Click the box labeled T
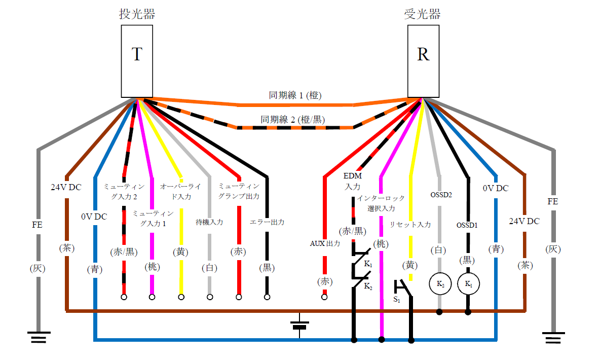(x=137, y=61)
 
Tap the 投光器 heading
(x=137, y=14)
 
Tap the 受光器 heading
(x=423, y=14)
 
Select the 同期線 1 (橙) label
(x=295, y=95)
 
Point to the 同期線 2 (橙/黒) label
(x=293, y=120)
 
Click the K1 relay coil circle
(x=468, y=284)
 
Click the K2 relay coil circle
(x=439, y=284)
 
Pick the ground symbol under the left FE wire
(x=39, y=337)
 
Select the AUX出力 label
(x=325, y=243)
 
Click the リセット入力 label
(x=410, y=224)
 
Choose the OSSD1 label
(x=467, y=225)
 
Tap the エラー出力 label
(x=267, y=222)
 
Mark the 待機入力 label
(x=209, y=222)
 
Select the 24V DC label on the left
(x=66, y=187)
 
